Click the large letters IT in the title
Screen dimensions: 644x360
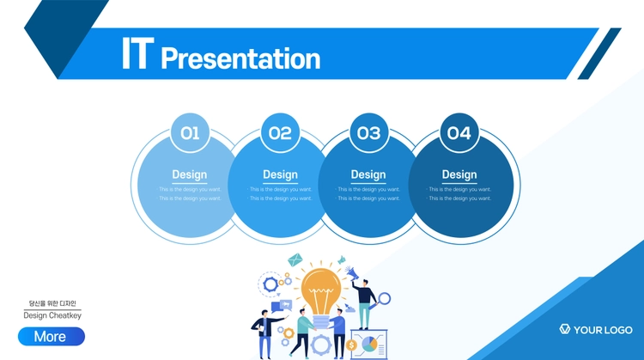(138, 53)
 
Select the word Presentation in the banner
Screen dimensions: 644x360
(240, 58)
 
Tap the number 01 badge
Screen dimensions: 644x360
(190, 132)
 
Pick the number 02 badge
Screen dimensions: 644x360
(280, 132)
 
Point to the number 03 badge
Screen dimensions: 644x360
(369, 132)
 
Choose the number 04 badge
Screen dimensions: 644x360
(459, 132)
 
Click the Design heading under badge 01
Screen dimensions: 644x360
(190, 174)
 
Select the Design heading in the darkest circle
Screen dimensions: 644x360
(459, 174)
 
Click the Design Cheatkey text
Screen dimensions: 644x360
(52, 315)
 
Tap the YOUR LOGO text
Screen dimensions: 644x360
(603, 330)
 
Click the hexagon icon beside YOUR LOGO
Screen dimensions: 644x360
(565, 329)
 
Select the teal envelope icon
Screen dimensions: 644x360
(295, 259)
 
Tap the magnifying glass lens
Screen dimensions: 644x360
(385, 299)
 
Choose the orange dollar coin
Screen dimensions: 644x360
(351, 345)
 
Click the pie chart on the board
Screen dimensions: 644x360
(369, 344)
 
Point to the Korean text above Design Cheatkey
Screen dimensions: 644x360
(52, 303)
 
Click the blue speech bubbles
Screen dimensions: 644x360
(282, 306)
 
